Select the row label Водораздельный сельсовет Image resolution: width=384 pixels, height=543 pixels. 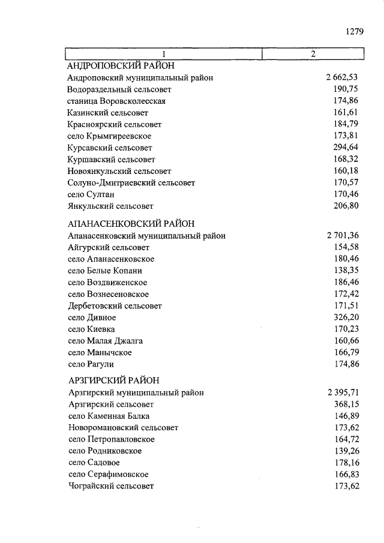pyautogui.click(x=119, y=89)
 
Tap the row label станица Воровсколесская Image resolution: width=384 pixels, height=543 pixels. pyautogui.click(x=116, y=101)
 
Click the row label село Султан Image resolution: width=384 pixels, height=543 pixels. pyautogui.click(x=91, y=194)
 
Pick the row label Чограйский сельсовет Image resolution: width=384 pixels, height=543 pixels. pyautogui.click(x=111, y=486)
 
